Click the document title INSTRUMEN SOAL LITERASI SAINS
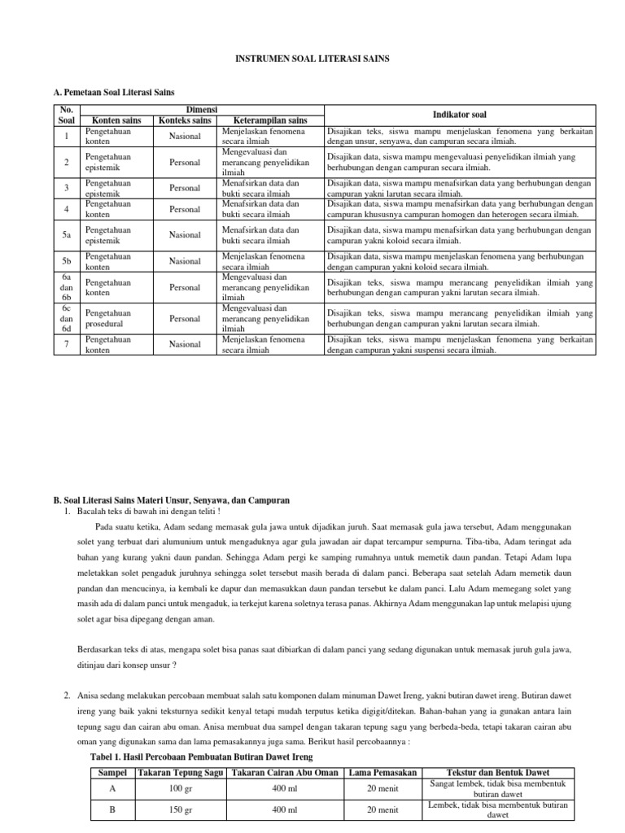(312, 59)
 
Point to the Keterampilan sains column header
(264, 120)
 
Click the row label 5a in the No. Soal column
(68, 235)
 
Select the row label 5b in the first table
(68, 262)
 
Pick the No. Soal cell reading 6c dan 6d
(68, 318)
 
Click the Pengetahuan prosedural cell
(109, 318)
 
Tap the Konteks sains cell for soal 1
(186, 137)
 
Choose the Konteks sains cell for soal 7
(186, 345)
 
